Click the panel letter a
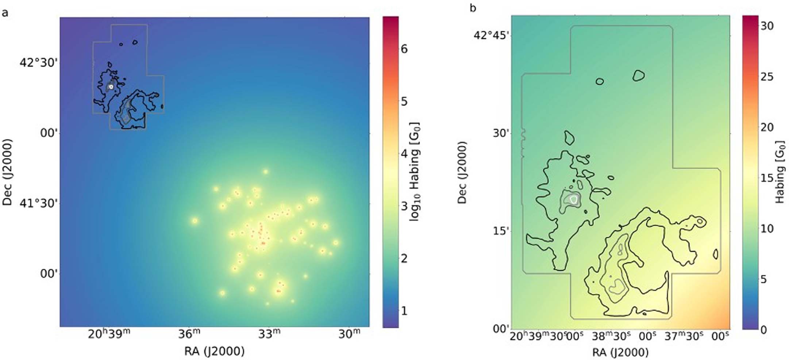5,13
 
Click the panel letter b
473,8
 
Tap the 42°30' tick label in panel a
38,63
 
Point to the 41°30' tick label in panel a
38,203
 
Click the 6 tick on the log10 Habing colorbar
404,49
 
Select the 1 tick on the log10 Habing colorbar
404,311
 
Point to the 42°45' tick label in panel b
492,35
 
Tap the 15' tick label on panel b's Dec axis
501,231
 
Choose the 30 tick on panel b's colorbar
766,26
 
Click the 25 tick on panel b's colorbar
766,77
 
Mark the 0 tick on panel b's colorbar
763,330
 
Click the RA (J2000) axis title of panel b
620,353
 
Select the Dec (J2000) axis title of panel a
7,172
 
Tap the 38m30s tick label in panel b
614,336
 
